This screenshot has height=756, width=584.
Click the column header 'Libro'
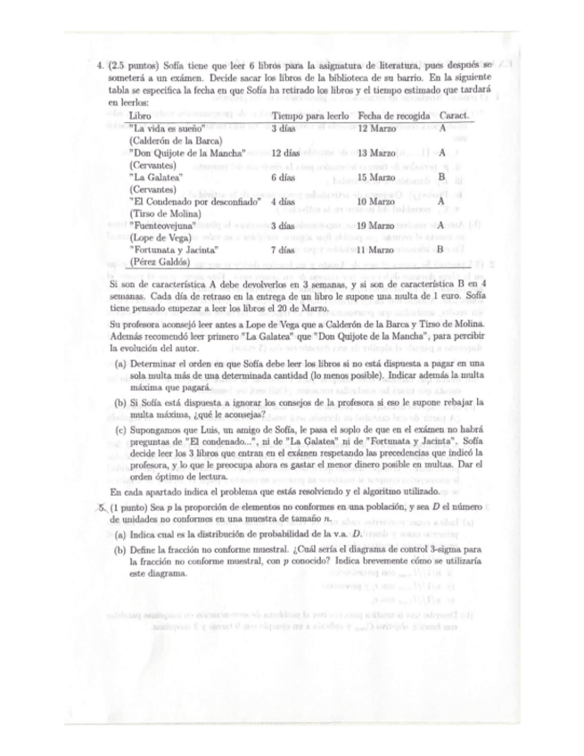pos(140,117)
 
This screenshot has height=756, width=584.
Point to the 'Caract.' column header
pos(456,117)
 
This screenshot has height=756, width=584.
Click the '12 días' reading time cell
pos(286,153)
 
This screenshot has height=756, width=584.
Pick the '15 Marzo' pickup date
pos(376,178)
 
